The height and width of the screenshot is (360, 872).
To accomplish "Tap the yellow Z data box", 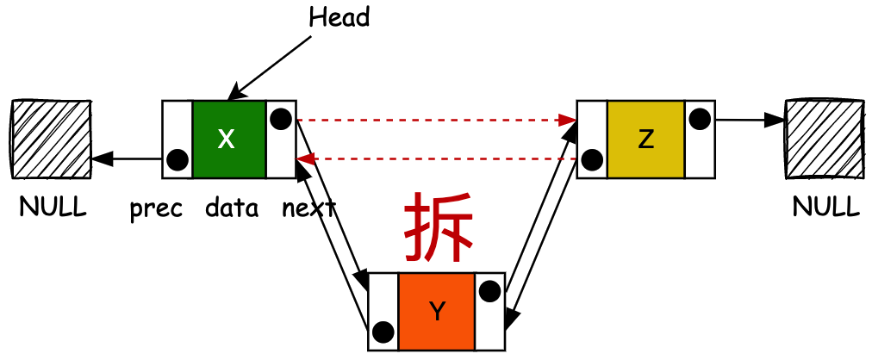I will point(645,140).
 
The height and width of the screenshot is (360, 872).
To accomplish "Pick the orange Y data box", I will point(437,312).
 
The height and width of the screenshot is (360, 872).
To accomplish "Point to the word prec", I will point(156,208).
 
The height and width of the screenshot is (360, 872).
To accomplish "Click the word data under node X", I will point(232,208).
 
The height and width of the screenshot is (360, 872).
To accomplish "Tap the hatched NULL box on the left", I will point(52,140).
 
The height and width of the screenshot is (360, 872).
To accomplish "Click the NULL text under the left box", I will point(53,208).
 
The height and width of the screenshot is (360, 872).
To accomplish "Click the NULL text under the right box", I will point(826,208).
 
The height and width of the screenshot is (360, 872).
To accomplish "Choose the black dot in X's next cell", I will point(280,119).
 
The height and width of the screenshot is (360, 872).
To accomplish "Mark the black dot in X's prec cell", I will point(178,160).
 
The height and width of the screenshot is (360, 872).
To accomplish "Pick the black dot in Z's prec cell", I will point(592,160).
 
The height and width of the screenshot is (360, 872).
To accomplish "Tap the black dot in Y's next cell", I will point(489,291).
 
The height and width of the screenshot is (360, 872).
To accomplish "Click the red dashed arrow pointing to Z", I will point(435,120).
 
